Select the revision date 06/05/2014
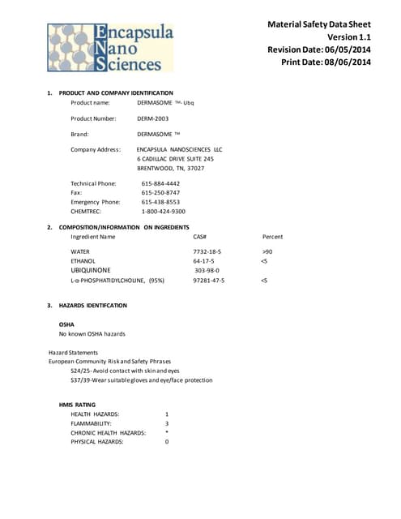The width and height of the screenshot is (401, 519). click(353, 49)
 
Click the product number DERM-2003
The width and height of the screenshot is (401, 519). click(153, 118)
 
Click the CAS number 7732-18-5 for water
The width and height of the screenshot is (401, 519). click(207, 252)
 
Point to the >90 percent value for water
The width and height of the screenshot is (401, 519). click(267, 252)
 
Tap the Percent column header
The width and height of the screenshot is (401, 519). click(273, 236)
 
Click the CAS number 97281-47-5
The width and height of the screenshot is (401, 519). click(209, 280)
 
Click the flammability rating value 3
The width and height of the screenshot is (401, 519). click(167, 423)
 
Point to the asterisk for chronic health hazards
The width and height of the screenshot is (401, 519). click(166, 432)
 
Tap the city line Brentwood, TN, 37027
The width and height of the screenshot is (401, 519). click(170, 168)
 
